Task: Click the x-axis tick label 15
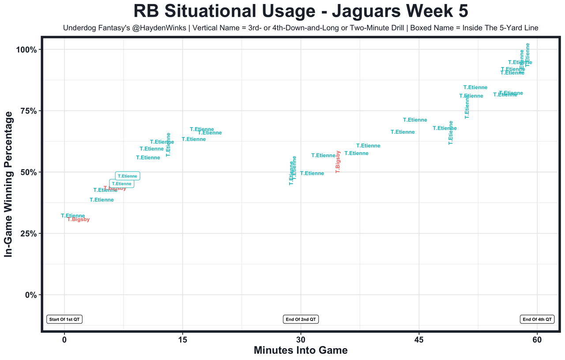pos(182,340)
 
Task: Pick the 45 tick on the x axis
pos(419,340)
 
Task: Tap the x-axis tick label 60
pos(537,340)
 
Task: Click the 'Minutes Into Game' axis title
pos(301,351)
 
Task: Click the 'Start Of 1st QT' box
pos(65,319)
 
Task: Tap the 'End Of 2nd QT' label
pos(301,319)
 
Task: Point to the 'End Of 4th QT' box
pos(537,319)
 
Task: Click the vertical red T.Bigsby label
pos(338,162)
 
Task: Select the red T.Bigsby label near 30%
pos(79,220)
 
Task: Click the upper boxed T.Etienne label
pos(128,176)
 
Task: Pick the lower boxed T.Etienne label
pos(121,184)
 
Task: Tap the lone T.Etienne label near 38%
pos(102,200)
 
